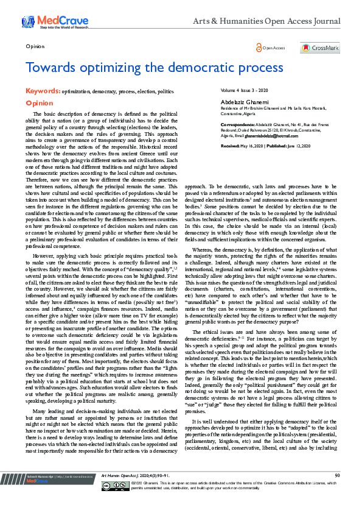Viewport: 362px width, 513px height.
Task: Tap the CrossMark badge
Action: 321,48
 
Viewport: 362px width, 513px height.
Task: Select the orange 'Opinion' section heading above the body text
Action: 39,104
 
